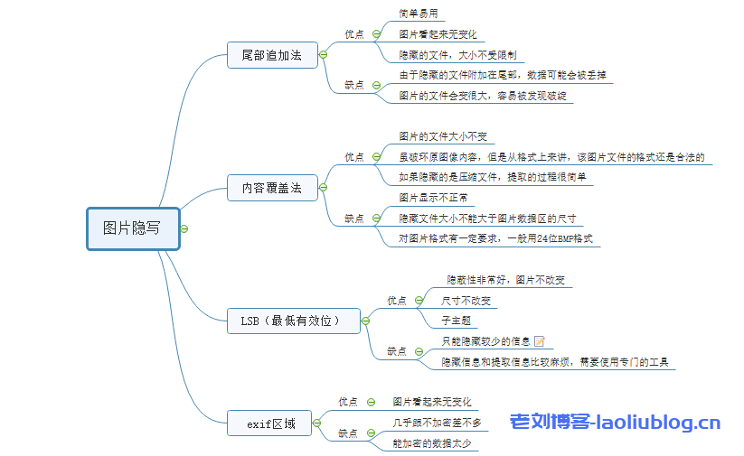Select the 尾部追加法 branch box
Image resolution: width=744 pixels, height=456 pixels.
(272, 55)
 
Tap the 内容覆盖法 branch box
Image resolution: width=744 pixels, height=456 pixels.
(272, 190)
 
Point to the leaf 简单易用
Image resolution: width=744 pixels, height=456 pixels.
(419, 14)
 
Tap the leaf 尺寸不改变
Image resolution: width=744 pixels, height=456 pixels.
(466, 300)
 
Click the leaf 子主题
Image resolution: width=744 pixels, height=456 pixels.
(456, 321)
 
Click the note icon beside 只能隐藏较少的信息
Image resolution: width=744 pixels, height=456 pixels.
(540, 341)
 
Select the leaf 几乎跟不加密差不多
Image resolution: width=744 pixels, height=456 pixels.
(437, 422)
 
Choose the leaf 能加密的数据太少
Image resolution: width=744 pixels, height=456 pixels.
(430, 442)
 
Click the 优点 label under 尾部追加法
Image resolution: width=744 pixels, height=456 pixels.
(354, 34)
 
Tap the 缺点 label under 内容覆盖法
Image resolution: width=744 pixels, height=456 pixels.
(354, 218)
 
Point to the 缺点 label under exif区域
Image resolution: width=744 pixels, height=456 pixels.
(349, 433)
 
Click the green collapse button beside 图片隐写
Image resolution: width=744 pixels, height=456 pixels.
(184, 228)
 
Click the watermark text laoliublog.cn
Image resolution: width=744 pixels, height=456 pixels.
(615, 422)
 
